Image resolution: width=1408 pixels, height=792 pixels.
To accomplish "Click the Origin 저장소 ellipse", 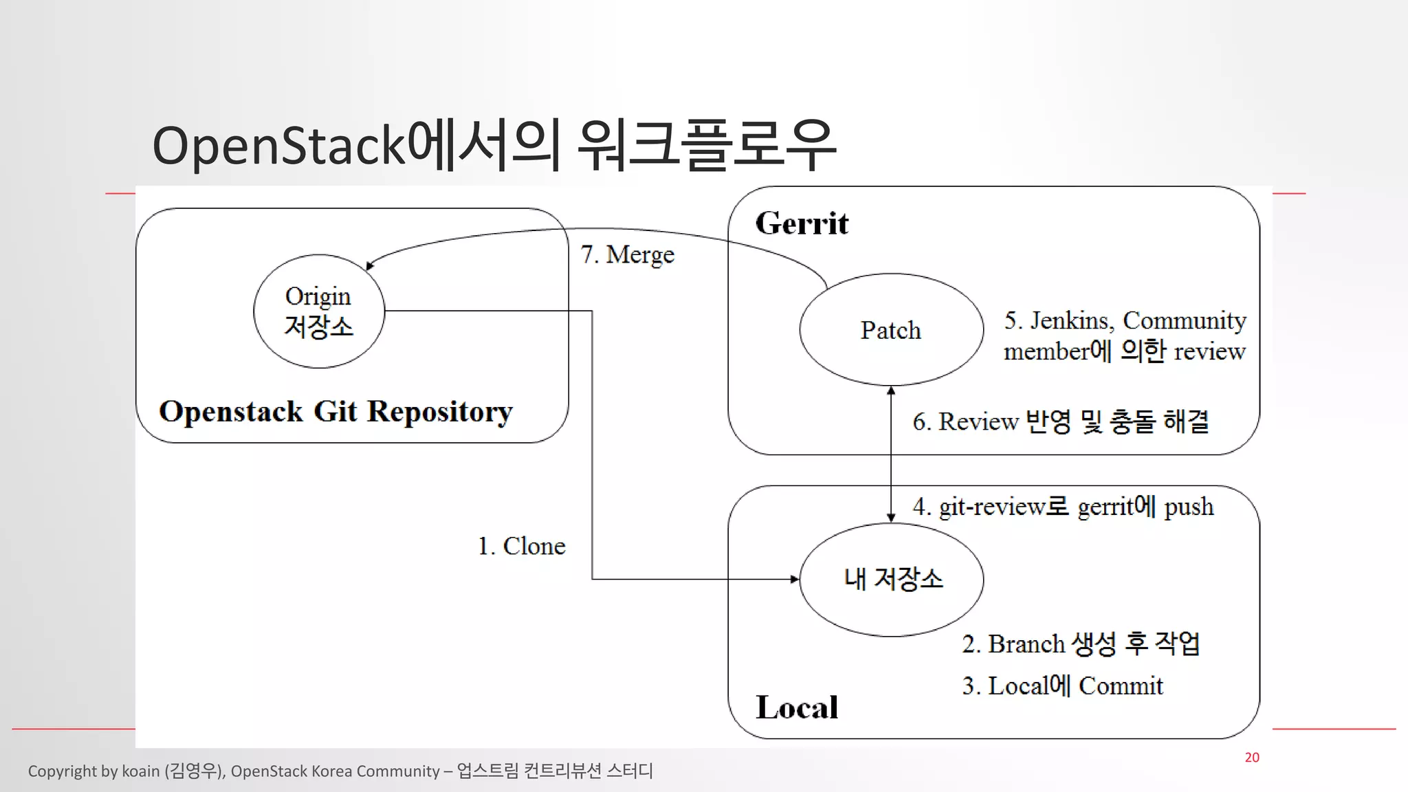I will pos(318,311).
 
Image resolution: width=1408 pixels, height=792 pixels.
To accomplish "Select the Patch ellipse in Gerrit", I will pos(891,330).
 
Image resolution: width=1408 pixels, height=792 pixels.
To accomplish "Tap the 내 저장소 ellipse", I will pos(892,579).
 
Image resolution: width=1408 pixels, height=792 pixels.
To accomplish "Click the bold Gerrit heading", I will pos(802,223).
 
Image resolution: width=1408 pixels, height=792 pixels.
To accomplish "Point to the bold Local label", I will pos(797,707).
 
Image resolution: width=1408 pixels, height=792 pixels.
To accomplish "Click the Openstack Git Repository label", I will pos(335,411).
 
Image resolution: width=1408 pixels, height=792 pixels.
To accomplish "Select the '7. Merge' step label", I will pos(627,254).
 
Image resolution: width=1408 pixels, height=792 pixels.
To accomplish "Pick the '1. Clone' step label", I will pos(521,546).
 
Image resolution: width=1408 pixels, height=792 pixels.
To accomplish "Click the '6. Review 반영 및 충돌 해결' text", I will pos(1060,421).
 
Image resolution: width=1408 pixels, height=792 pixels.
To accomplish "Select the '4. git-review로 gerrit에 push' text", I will pos(1063,507).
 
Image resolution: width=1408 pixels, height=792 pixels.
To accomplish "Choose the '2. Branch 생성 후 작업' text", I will pos(1081,644).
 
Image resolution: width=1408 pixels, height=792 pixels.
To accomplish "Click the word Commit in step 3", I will pos(1121,686).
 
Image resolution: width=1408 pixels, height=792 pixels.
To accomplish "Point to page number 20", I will pos(1252,757).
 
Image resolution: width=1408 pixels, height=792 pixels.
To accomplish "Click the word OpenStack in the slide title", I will pos(278,145).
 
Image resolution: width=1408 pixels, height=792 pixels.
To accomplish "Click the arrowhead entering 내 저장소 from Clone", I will pos(795,579).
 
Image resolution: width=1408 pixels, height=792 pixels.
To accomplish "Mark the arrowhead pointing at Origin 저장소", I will pos(370,266).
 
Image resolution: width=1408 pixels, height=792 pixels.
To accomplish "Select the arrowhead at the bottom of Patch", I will pos(891,390).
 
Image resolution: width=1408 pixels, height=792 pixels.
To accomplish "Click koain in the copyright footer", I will pos(140,771).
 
